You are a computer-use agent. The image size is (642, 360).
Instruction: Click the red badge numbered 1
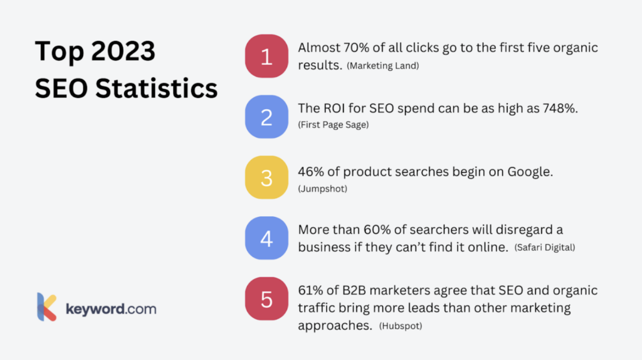pyautogui.click(x=266, y=56)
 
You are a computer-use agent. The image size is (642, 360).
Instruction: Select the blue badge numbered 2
pyautogui.click(x=266, y=117)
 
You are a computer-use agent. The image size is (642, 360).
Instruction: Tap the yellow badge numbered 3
pyautogui.click(x=266, y=177)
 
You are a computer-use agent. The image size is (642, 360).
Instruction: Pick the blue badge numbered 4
pyautogui.click(x=266, y=238)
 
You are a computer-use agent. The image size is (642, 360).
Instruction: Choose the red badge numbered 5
pyautogui.click(x=266, y=299)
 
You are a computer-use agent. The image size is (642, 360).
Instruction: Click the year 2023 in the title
pyautogui.click(x=124, y=51)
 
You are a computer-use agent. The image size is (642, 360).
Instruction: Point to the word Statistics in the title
pyautogui.click(x=156, y=88)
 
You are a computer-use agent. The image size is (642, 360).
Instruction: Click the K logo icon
pyautogui.click(x=46, y=307)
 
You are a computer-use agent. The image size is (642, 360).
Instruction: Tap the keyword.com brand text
pyautogui.click(x=111, y=309)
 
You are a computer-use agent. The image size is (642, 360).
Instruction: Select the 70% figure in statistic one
pyautogui.click(x=356, y=48)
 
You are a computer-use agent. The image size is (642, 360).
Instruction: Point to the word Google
pyautogui.click(x=530, y=172)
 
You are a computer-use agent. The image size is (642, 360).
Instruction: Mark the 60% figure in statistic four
pyautogui.click(x=377, y=230)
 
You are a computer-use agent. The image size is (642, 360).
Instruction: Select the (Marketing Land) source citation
pyautogui.click(x=383, y=66)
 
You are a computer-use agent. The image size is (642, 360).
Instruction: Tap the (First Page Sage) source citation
pyautogui.click(x=334, y=125)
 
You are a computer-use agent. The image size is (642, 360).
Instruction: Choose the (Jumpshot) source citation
pyautogui.click(x=323, y=189)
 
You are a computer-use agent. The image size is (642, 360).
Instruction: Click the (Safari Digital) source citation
pyautogui.click(x=545, y=247)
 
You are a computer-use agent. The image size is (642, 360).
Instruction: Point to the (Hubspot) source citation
pyautogui.click(x=401, y=326)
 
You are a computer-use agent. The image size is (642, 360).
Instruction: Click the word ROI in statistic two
pyautogui.click(x=334, y=108)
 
